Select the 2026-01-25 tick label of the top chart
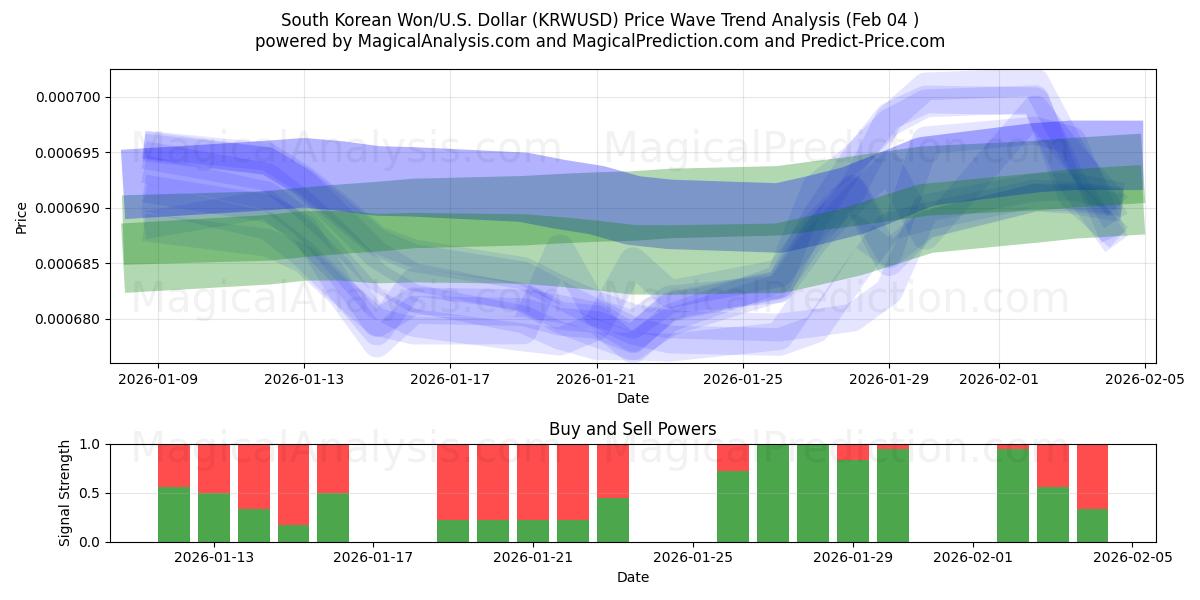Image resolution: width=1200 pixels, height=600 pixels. pyautogui.click(x=743, y=379)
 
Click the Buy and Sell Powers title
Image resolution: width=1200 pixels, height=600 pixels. pyautogui.click(x=632, y=429)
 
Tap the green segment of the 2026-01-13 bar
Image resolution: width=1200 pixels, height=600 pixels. pyautogui.click(x=213, y=517)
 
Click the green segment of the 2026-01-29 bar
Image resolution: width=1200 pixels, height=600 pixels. pyautogui.click(x=853, y=501)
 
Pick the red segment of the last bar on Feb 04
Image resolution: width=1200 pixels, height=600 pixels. pyautogui.click(x=1092, y=476)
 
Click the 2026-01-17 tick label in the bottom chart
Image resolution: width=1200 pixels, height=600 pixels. pyautogui.click(x=373, y=557)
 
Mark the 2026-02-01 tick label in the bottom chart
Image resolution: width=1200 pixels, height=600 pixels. pyautogui.click(x=973, y=557)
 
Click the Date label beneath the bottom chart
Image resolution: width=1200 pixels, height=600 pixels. pyautogui.click(x=632, y=577)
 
